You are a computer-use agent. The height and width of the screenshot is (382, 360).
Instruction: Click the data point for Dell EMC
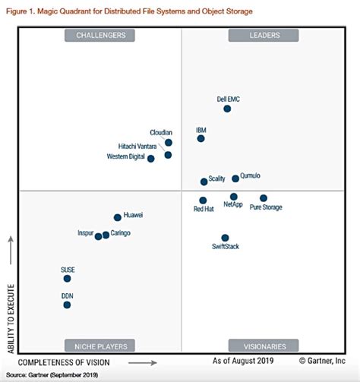(227, 109)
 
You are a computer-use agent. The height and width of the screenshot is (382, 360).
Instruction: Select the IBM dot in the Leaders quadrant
(201, 138)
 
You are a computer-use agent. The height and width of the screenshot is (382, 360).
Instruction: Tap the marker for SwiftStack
(225, 238)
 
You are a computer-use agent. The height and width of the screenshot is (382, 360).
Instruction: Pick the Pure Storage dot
(264, 198)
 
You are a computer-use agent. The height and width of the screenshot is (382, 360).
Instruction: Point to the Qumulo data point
(235, 178)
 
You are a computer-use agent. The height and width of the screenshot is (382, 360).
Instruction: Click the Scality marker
(204, 182)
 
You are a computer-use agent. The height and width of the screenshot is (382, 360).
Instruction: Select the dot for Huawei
(117, 217)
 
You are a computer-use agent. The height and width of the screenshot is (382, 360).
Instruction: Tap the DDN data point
(67, 305)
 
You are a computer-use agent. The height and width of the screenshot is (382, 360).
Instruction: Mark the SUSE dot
(67, 279)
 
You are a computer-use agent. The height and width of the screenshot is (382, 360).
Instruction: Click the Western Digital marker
(150, 158)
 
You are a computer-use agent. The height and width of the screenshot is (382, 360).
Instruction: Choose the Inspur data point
(98, 236)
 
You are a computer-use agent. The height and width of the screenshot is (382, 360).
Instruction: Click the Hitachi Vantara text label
(137, 146)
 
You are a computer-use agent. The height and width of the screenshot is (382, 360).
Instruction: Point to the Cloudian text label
(160, 132)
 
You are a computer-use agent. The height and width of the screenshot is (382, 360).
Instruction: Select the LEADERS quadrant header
(264, 35)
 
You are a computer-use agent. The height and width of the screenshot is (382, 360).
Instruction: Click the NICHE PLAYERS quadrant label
(100, 345)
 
